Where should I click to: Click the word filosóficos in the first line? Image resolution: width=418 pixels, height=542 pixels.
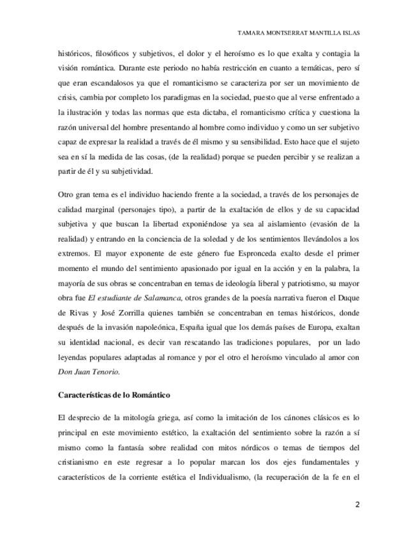point(107,54)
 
